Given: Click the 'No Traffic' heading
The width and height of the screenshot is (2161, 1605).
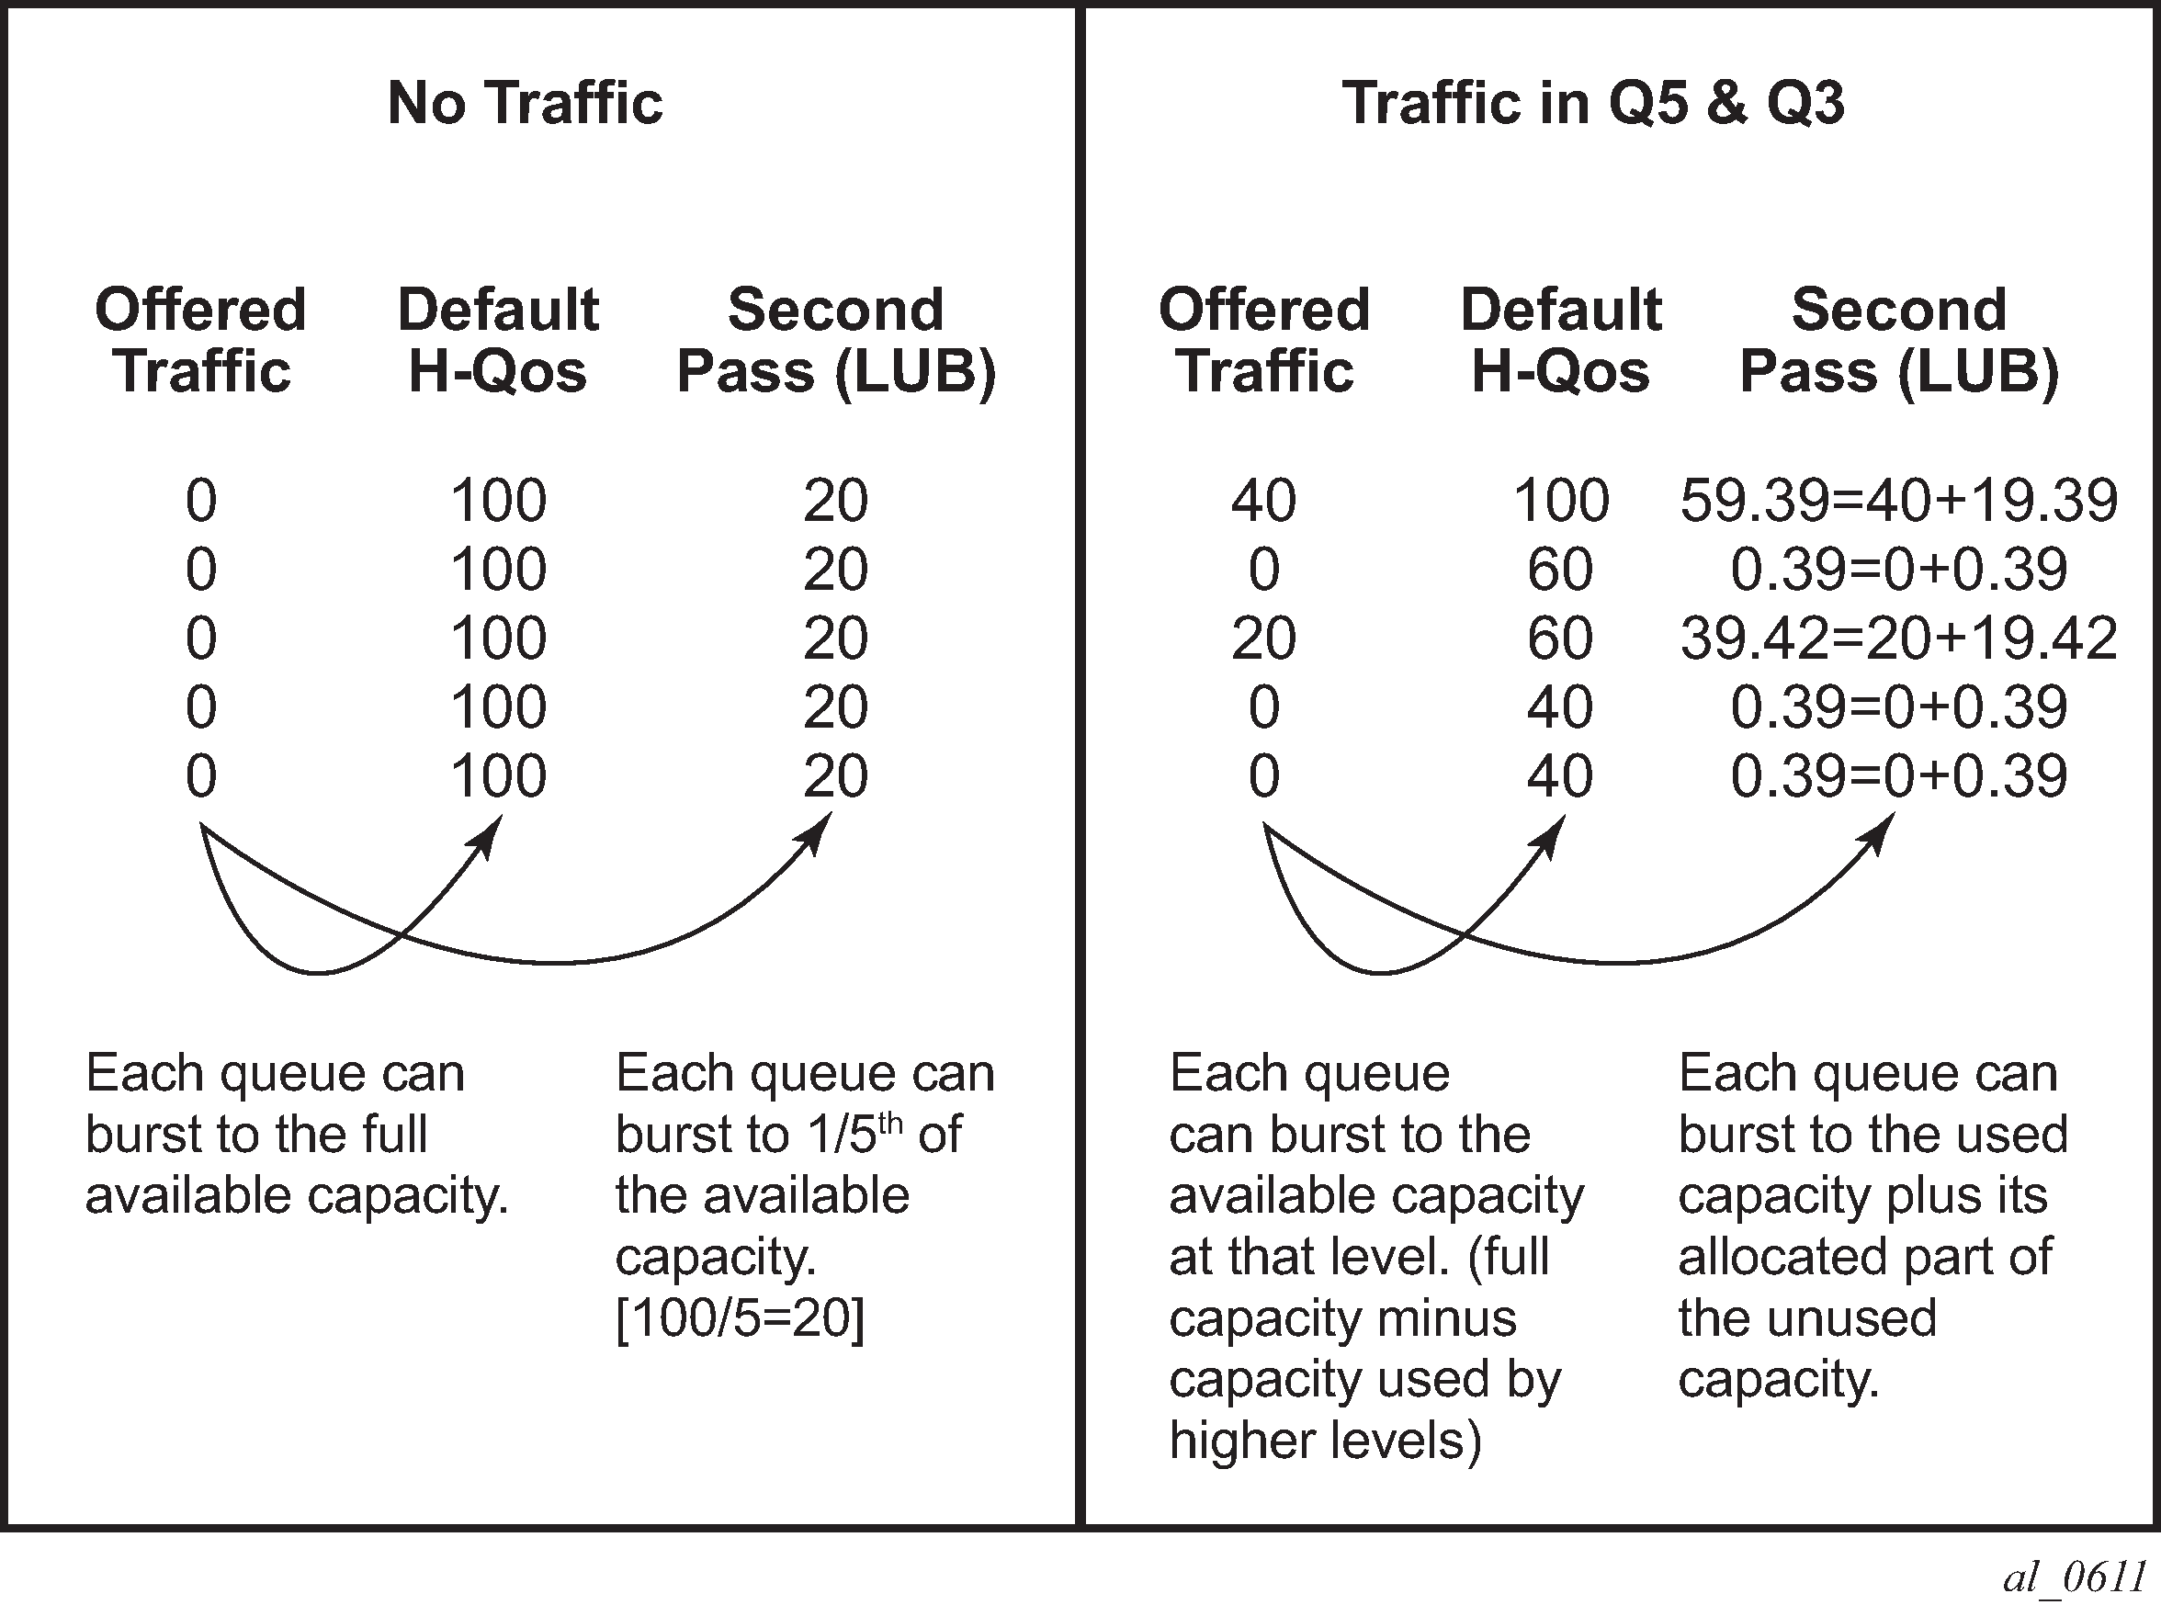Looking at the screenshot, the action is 525,103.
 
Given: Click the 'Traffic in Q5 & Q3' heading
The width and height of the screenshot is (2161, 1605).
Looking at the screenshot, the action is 1593,103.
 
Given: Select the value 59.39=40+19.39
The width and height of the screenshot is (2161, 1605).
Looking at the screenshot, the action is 1898,502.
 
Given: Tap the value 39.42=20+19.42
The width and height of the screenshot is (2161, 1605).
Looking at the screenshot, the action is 1898,639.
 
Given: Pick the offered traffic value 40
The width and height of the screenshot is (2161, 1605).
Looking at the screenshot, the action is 1263,502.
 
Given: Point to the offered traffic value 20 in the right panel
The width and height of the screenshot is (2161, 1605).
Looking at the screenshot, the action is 1263,639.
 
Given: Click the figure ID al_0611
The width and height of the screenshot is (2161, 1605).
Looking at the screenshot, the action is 2074,1576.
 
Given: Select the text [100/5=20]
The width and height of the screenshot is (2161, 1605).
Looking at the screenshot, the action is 740,1318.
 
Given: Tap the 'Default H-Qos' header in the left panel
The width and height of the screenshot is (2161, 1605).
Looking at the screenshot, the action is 499,340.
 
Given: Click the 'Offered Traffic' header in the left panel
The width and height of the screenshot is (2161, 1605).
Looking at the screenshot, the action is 201,340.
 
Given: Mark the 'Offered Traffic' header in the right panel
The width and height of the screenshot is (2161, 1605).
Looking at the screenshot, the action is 1264,340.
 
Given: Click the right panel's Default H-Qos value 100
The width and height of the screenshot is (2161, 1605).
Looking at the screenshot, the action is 1561,502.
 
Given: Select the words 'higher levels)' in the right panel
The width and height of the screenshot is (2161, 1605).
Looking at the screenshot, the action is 1326,1441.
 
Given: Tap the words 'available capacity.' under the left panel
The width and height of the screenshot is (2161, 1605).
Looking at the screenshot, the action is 298,1196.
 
